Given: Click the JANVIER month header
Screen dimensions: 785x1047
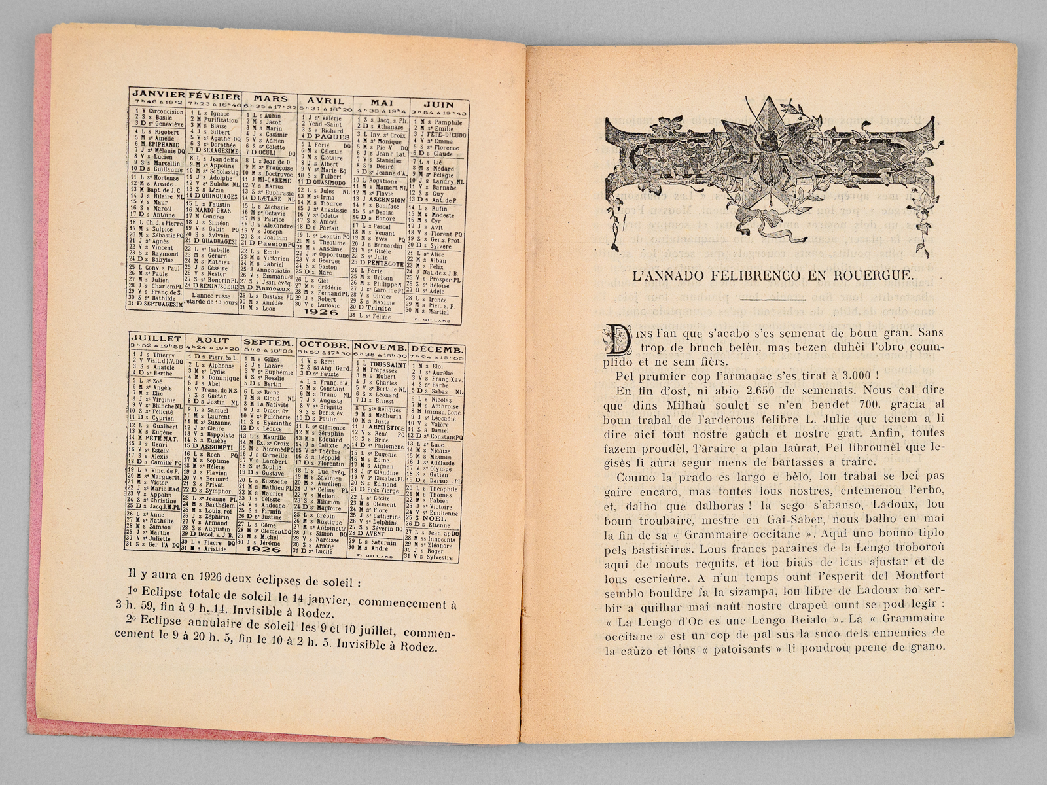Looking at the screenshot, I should (156, 94).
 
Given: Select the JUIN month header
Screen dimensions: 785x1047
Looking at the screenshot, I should (438, 103).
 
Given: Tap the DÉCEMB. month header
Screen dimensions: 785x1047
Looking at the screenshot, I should (438, 349).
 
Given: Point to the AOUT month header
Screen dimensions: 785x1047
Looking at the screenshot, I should (213, 340).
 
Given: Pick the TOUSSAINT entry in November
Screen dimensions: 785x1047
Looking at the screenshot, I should (388, 365).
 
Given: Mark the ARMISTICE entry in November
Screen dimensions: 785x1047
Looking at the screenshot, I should (387, 428).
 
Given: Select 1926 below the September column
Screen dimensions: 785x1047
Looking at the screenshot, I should (268, 549).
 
